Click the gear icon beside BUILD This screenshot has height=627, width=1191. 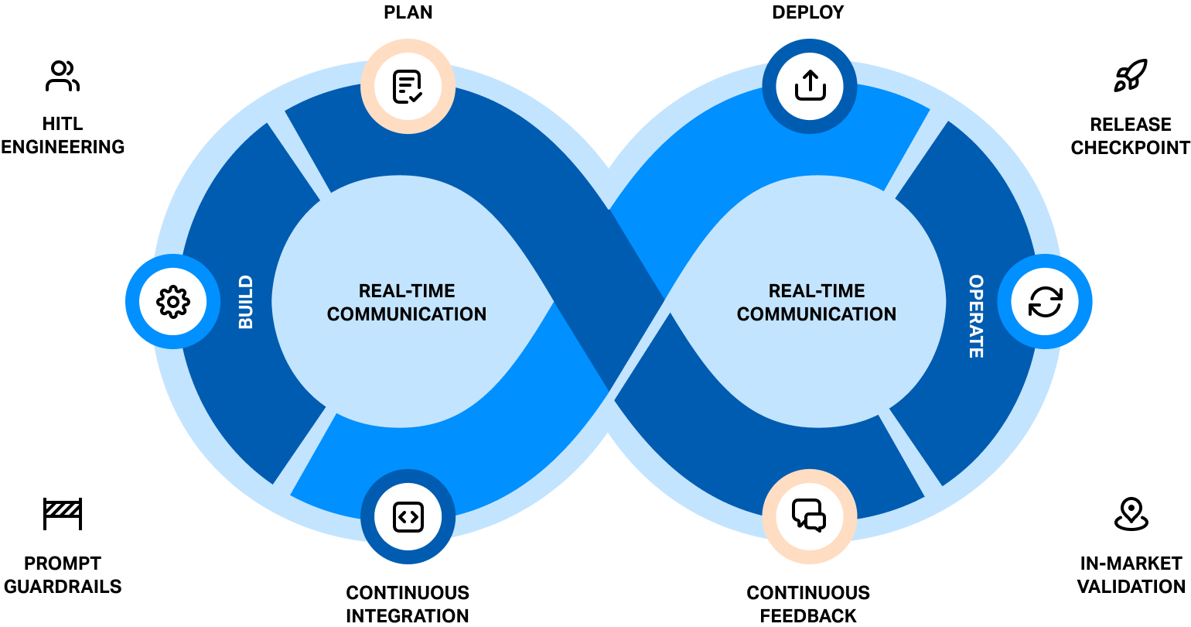coord(173,301)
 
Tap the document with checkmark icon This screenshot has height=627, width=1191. coord(408,87)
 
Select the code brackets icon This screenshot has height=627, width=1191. coord(408,516)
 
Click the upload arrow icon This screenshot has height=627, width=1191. coord(810,86)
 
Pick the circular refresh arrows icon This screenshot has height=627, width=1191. coord(1045,301)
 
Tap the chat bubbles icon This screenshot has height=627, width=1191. coord(809,516)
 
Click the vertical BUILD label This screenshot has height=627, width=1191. coord(246,301)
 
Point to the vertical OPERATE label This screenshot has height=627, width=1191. coord(976,316)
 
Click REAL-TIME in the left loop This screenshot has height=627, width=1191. coord(407,291)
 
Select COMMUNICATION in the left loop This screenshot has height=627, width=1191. coord(407,314)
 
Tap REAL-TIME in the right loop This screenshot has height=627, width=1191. coord(817,291)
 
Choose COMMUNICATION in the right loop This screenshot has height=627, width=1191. coord(817,314)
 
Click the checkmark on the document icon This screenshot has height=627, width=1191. coord(416,97)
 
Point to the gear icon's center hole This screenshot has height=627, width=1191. coord(173,301)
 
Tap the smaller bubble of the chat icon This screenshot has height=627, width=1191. coord(815,522)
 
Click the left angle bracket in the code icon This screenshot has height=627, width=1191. coord(402,516)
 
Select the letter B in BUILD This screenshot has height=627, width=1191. coord(246,323)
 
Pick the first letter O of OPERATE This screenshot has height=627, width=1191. coord(976,281)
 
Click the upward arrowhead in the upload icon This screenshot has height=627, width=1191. coord(810,75)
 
